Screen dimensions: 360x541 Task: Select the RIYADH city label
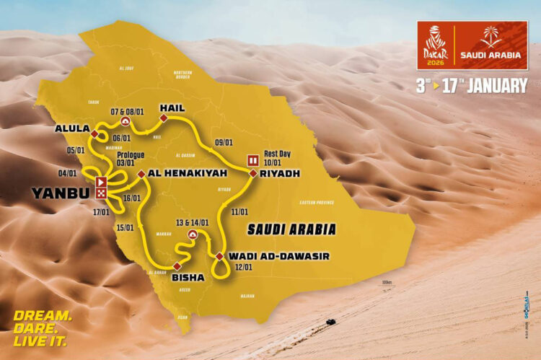[281, 174]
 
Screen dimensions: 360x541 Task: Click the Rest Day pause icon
[253, 160]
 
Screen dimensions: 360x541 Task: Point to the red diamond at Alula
[94, 133]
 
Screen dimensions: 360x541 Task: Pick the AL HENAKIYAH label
[188, 174]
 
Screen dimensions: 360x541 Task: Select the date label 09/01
[224, 143]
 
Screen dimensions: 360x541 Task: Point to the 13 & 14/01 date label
[190, 222]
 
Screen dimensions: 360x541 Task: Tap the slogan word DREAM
[43, 315]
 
